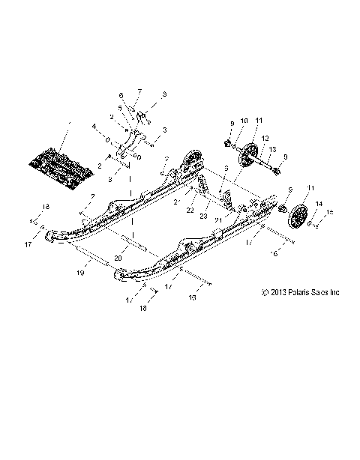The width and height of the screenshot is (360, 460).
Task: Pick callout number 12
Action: click(265, 138)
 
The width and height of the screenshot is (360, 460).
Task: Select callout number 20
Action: click(118, 257)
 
